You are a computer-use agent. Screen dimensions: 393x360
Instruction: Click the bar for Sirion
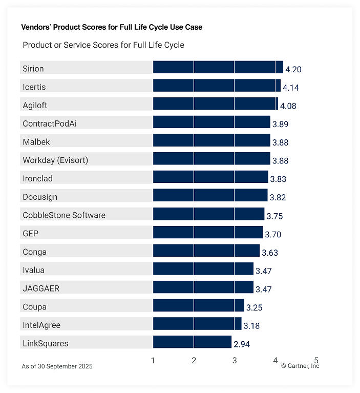[218, 68]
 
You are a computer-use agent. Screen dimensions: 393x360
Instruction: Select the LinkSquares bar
[192, 342]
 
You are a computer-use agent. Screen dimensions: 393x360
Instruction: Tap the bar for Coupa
[198, 306]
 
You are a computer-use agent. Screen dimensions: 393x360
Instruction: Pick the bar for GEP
[207, 233]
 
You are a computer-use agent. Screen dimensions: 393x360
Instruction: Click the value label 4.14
[291, 88]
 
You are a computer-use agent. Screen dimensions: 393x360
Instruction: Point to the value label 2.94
[242, 344]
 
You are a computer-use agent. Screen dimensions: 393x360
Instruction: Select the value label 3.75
[274, 216]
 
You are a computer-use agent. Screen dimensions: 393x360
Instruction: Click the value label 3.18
[251, 326]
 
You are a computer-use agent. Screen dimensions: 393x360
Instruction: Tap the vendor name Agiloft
[35, 105]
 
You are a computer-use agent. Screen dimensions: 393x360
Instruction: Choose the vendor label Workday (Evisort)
[55, 160]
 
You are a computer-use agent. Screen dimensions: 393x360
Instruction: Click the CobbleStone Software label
[64, 215]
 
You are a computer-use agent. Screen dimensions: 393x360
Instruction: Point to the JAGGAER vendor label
[41, 288]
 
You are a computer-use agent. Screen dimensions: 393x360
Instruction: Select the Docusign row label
[40, 197]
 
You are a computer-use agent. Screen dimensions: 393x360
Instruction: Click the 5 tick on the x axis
[316, 361]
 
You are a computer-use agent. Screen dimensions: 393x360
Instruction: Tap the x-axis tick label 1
[153, 361]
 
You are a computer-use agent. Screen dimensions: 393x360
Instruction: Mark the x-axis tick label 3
[235, 361]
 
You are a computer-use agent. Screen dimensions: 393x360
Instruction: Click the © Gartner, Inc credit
[300, 366]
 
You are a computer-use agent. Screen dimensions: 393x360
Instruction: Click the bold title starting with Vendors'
[112, 27]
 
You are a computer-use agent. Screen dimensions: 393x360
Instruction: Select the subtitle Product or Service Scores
[103, 45]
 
